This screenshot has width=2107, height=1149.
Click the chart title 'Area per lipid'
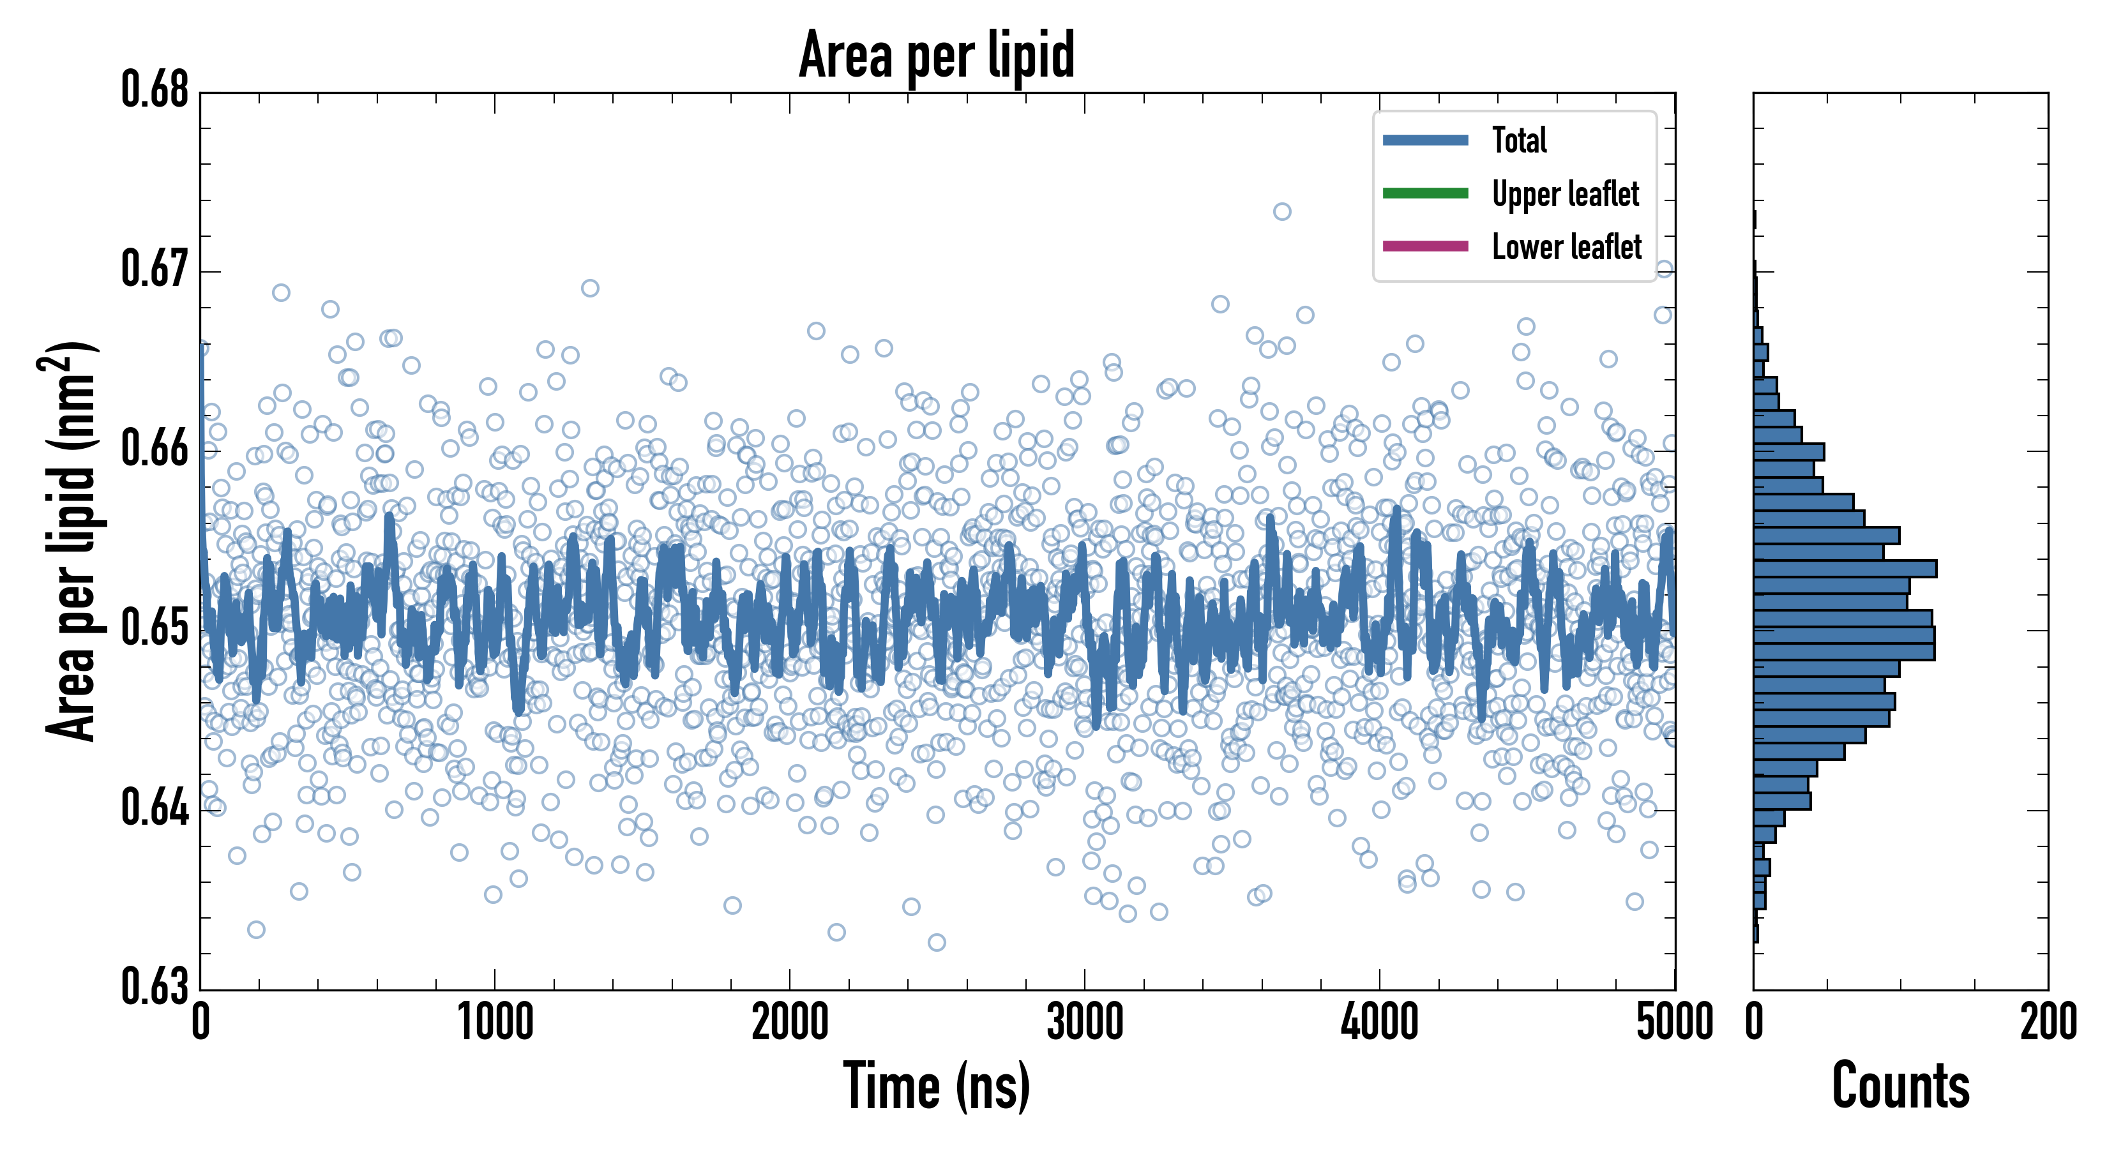(x=937, y=55)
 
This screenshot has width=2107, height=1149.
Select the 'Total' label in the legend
(x=1519, y=140)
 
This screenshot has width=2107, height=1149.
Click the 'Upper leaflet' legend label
(x=1565, y=194)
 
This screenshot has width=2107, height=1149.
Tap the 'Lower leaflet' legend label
(x=1566, y=247)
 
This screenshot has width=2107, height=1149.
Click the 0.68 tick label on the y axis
(x=155, y=90)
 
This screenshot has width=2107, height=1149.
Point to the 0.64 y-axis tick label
(x=155, y=808)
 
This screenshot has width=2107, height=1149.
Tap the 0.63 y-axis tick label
(x=155, y=986)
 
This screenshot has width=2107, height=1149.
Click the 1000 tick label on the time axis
(x=495, y=1022)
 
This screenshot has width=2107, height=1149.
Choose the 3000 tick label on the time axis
(x=1085, y=1022)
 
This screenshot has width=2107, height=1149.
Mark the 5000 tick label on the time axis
(x=1674, y=1022)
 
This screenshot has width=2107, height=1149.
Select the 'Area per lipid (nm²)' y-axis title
(x=70, y=541)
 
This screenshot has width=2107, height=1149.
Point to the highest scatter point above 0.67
(x=1281, y=212)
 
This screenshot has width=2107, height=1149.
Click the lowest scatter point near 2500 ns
(x=937, y=942)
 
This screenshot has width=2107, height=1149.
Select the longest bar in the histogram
(x=1845, y=568)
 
